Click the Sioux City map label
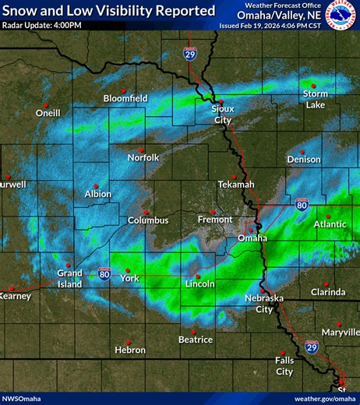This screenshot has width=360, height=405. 223,114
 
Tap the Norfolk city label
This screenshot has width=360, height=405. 143,157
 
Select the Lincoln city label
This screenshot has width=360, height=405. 200,284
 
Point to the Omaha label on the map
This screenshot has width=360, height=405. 252,238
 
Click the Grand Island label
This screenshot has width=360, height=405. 69,278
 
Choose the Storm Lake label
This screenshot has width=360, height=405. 316,99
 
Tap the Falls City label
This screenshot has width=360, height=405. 284,365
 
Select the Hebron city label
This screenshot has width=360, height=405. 130,350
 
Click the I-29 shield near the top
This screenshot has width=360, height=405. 190,53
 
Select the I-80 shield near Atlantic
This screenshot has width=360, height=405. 302,204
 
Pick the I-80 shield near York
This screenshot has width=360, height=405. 104,273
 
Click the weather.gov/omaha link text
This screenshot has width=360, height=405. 325,398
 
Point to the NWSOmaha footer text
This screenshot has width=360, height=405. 21,398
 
